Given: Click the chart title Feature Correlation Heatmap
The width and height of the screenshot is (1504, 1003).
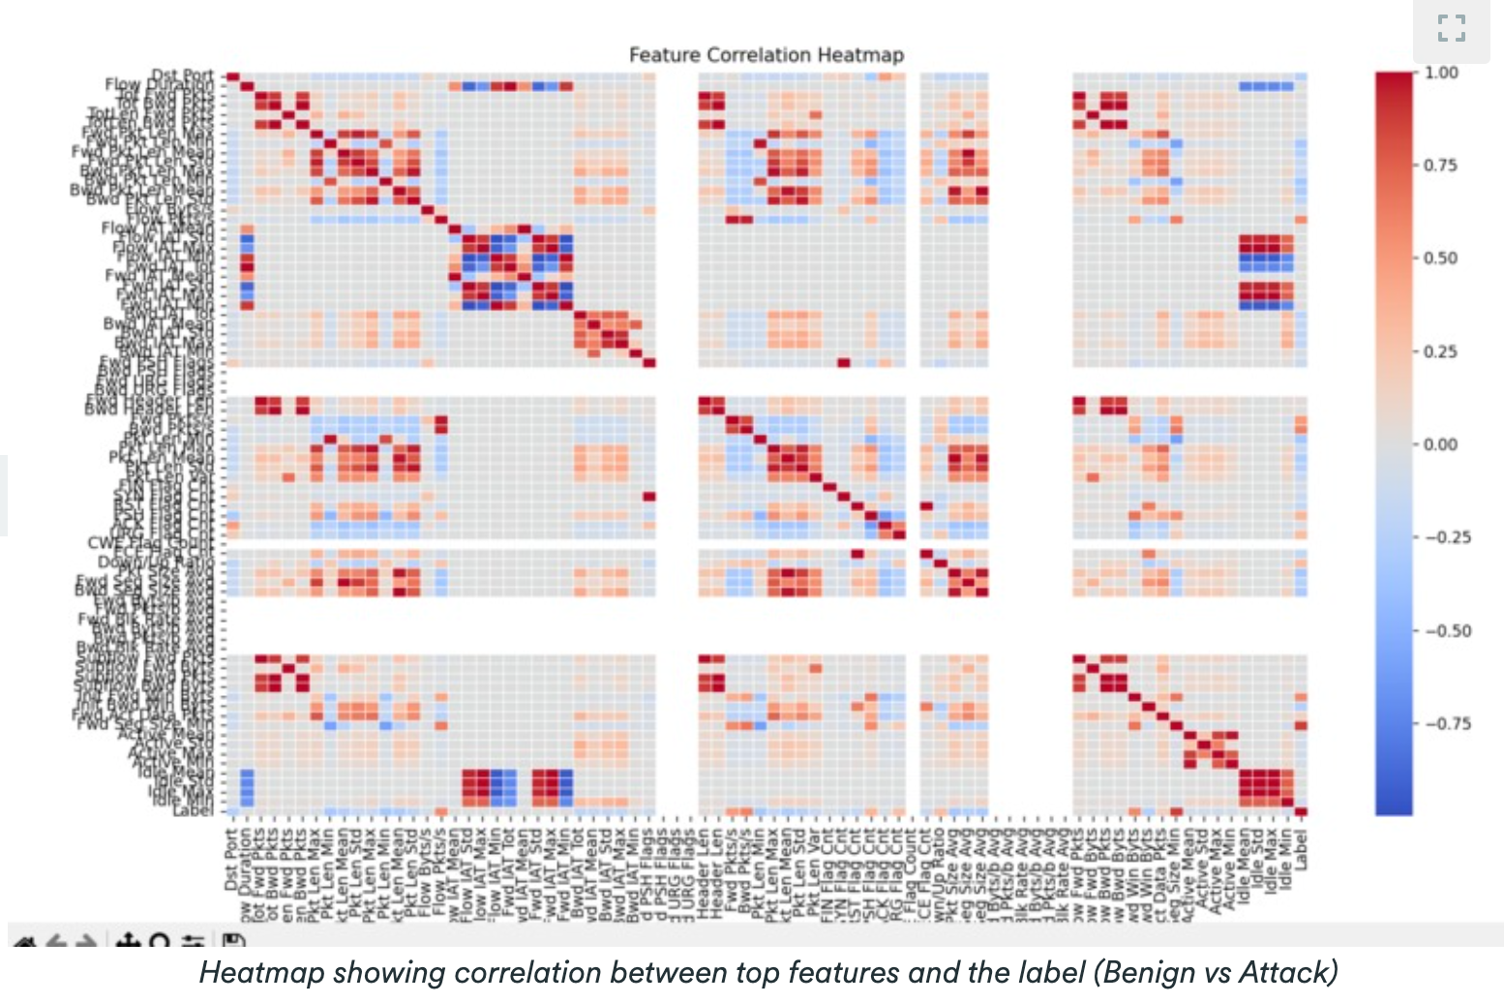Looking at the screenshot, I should click(766, 55).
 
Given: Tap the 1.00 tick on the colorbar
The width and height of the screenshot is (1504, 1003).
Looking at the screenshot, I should click(1441, 73).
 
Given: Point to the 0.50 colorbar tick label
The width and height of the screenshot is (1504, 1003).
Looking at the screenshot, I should click(1441, 258).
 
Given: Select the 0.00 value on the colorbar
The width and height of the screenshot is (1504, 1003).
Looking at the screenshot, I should click(1441, 444).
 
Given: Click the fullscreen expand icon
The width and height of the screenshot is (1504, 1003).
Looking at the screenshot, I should click(1451, 28).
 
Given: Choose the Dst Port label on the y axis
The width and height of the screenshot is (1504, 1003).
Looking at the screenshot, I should click(183, 76).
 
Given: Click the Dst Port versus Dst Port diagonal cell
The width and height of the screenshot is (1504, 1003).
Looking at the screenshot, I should click(232, 76).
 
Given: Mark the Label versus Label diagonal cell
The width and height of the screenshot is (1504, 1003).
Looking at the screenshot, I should click(1301, 811).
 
